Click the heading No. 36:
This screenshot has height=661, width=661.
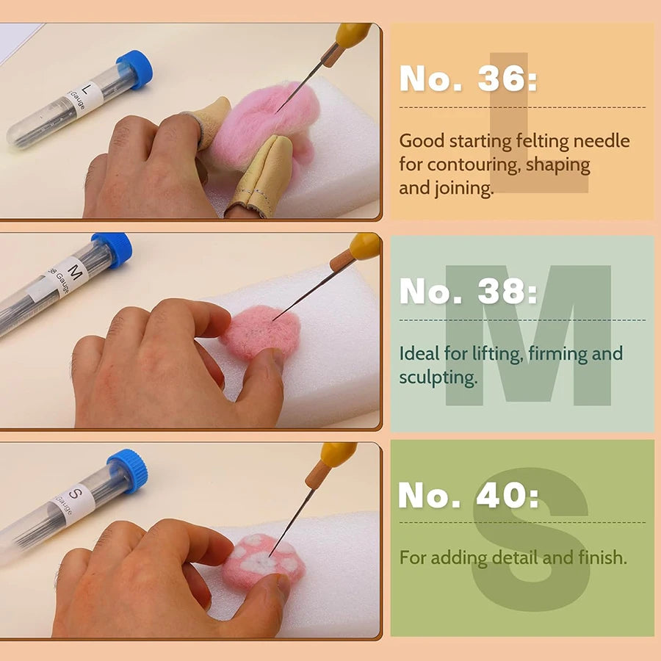(468, 79)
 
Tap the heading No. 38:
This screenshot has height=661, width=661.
(468, 292)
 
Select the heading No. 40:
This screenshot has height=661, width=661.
(468, 496)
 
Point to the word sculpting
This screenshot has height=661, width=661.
(438, 378)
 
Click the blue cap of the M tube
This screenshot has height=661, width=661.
(112, 250)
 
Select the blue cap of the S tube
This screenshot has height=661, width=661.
(128, 470)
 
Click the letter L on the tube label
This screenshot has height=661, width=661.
(87, 90)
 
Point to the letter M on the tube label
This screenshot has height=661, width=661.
(72, 267)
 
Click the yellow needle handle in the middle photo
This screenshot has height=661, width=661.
(365, 246)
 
